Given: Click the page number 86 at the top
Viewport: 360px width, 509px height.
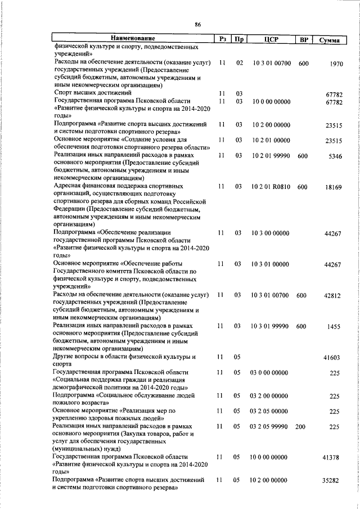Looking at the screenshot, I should [197, 24].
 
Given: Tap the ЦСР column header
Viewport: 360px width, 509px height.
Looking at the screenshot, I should [272, 39].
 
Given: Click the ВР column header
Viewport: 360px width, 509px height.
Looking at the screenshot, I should [304, 39].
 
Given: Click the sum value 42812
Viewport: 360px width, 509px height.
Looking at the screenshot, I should [334, 295].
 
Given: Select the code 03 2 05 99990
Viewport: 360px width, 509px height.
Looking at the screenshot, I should [269, 427].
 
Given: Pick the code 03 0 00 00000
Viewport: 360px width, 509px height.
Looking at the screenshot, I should [269, 373].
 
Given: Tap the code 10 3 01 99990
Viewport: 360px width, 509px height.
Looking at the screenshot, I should [272, 326].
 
